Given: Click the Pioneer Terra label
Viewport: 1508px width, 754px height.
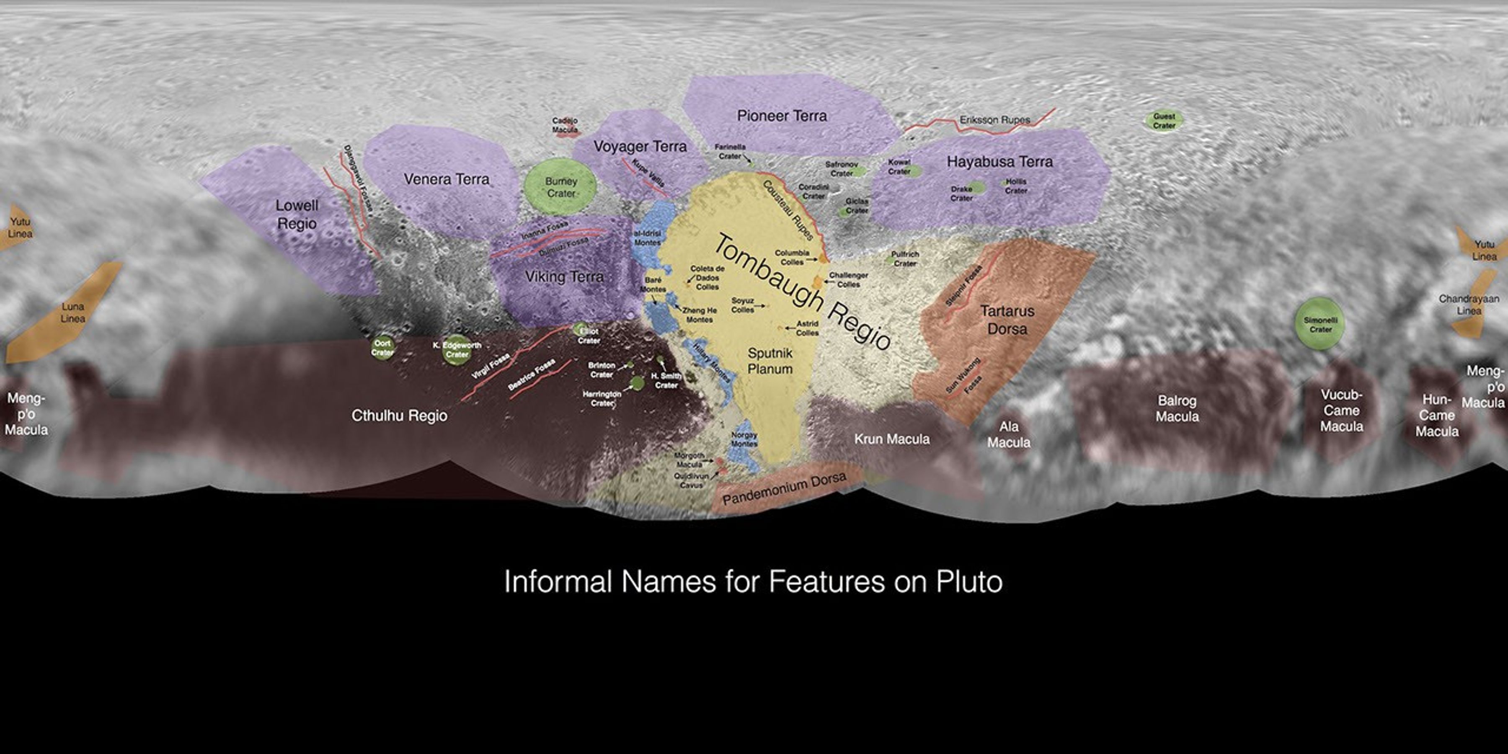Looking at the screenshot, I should tap(782, 116).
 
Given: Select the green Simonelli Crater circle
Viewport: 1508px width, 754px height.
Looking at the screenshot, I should tap(1320, 324).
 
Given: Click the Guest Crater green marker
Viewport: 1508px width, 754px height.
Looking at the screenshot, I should tap(1164, 121).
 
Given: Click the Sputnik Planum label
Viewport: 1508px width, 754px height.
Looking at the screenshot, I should tap(770, 361).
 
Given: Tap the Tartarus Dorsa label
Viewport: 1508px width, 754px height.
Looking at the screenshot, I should tap(1007, 320).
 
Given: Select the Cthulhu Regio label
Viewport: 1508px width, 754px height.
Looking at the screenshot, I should tap(399, 416).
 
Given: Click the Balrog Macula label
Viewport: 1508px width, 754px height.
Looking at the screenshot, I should tap(1177, 408).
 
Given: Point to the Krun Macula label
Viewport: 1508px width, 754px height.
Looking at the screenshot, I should tap(891, 439).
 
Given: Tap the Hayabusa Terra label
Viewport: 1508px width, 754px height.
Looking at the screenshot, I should tap(999, 162).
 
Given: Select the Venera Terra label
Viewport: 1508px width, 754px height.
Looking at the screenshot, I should tap(446, 179).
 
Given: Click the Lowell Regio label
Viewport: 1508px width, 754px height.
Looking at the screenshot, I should tap(297, 214).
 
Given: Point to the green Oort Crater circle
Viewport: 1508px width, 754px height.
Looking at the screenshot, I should tap(382, 348).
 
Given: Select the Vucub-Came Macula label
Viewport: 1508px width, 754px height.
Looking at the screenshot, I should tap(1341, 411).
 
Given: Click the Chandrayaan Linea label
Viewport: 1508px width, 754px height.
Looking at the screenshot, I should tap(1468, 305).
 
